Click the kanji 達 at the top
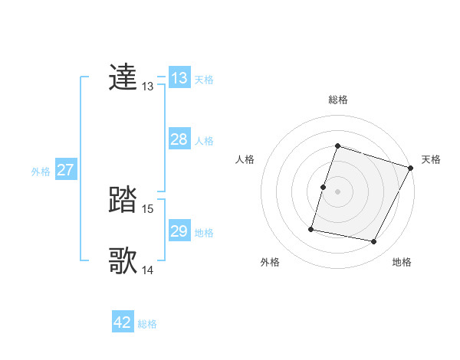pyautogui.click(x=123, y=78)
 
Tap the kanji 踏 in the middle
pyautogui.click(x=123, y=201)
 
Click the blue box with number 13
pyautogui.click(x=179, y=78)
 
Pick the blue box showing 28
pyautogui.click(x=179, y=139)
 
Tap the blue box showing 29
pyautogui.click(x=179, y=231)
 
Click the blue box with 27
pyautogui.click(x=65, y=170)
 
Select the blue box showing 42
pyautogui.click(x=123, y=322)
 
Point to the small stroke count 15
pyautogui.click(x=148, y=209)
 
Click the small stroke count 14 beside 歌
pyautogui.click(x=148, y=270)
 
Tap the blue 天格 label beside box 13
pyautogui.click(x=204, y=80)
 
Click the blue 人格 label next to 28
pyautogui.click(x=204, y=141)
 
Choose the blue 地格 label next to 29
pyautogui.click(x=204, y=233)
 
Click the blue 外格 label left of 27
pyautogui.click(x=41, y=172)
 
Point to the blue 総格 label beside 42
pyautogui.click(x=147, y=324)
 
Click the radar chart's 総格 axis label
pyautogui.click(x=338, y=100)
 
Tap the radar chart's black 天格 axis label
pyautogui.click(x=431, y=159)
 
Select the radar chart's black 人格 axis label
pyautogui.click(x=245, y=159)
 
